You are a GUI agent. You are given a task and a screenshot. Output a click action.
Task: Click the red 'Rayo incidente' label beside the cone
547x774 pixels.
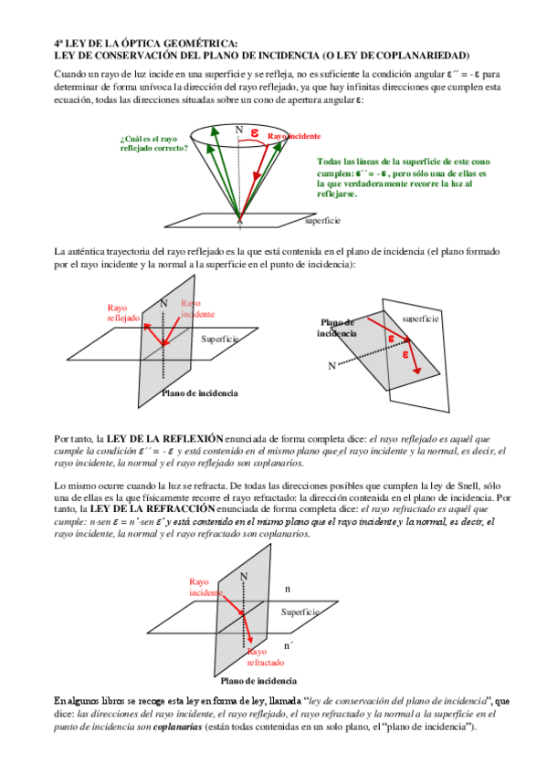(294, 136)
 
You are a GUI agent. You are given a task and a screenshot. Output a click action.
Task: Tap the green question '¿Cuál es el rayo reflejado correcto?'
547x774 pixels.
(154, 143)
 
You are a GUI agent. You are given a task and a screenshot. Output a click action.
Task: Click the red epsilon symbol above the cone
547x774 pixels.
(254, 132)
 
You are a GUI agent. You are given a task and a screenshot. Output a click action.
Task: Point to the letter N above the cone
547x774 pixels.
(239, 130)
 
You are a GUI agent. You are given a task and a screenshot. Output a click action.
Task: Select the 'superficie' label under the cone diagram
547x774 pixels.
(322, 221)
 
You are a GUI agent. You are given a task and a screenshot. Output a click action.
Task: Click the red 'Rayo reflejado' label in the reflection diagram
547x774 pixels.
(123, 313)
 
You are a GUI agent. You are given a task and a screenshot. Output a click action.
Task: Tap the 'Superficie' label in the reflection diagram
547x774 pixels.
(220, 340)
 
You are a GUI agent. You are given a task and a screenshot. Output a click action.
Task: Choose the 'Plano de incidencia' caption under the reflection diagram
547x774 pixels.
(200, 393)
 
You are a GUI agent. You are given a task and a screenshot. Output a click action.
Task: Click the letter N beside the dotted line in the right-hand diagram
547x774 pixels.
(331, 366)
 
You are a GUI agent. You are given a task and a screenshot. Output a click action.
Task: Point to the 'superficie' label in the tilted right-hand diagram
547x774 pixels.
(420, 319)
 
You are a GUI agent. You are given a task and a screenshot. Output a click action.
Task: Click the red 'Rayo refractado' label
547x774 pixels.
(266, 657)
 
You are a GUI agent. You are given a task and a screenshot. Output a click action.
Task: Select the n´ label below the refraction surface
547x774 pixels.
(289, 645)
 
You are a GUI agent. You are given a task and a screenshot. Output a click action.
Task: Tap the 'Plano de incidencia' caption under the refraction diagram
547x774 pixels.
(258, 681)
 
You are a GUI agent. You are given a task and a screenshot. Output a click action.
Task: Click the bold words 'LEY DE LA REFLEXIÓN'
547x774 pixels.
(165, 439)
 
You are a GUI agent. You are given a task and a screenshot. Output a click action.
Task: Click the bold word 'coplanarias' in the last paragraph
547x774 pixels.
(178, 727)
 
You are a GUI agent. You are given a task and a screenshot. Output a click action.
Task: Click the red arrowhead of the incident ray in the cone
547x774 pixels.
(256, 177)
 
